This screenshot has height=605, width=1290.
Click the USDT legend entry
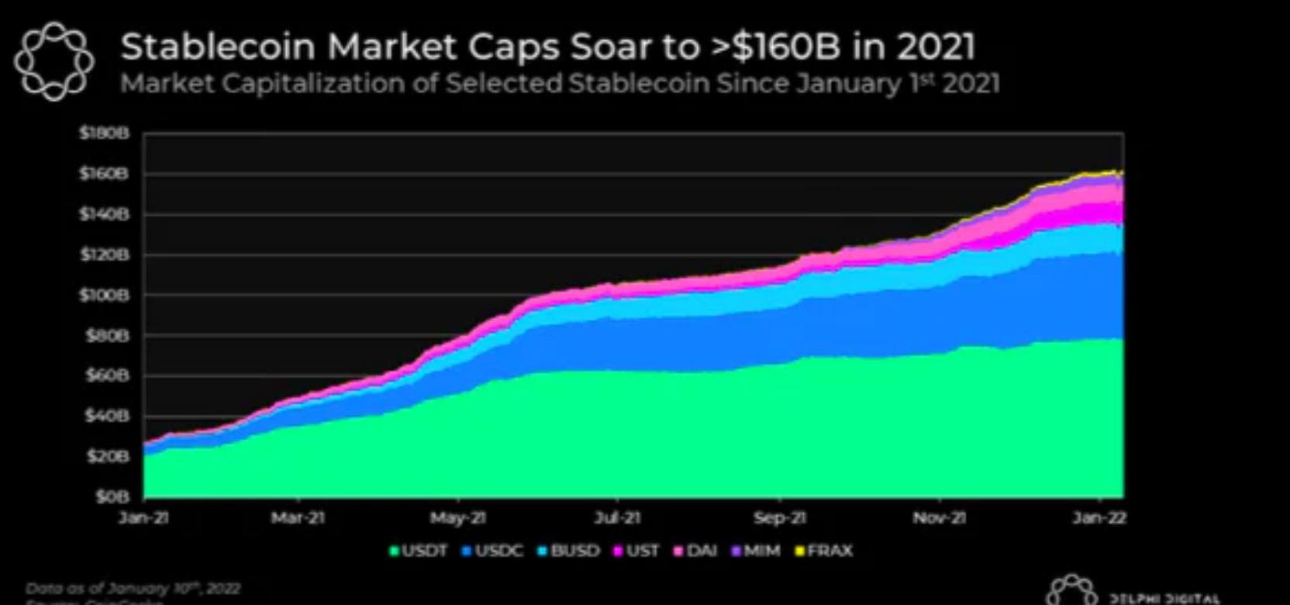click(x=419, y=551)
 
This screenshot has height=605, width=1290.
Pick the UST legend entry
click(x=636, y=551)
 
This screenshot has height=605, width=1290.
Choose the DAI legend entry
click(x=695, y=551)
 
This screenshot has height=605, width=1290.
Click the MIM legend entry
click(x=756, y=551)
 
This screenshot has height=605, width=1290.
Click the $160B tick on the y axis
click(x=103, y=174)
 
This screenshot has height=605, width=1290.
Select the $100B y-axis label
click(x=103, y=295)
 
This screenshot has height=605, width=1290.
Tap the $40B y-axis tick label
click(x=105, y=416)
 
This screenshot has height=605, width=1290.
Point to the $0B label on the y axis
click(x=110, y=497)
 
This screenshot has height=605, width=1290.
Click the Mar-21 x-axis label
click(x=298, y=517)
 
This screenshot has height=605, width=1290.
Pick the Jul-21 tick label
click(x=617, y=517)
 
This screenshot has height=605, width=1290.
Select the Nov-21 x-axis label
click(x=939, y=517)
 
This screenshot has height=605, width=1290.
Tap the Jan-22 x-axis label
click(x=1099, y=517)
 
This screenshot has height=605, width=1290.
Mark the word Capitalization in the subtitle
click(x=313, y=83)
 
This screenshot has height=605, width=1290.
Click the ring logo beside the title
click(x=54, y=60)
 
